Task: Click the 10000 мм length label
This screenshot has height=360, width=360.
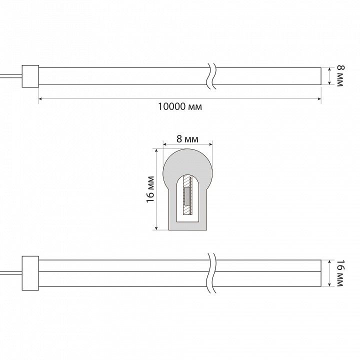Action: click(x=180, y=107)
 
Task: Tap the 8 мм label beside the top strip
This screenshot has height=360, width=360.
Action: click(x=340, y=76)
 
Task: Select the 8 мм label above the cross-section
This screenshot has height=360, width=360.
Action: click(x=187, y=139)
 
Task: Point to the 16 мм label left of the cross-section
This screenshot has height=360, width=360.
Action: click(x=150, y=189)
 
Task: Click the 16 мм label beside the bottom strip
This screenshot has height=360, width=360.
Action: click(x=340, y=273)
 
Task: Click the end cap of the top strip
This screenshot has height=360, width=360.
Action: click(x=30, y=76)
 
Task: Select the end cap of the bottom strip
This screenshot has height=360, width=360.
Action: click(x=30, y=273)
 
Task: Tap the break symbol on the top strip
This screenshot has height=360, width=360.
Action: click(x=211, y=76)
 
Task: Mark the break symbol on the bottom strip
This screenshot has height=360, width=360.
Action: click(x=211, y=273)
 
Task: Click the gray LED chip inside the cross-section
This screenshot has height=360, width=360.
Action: click(x=187, y=196)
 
